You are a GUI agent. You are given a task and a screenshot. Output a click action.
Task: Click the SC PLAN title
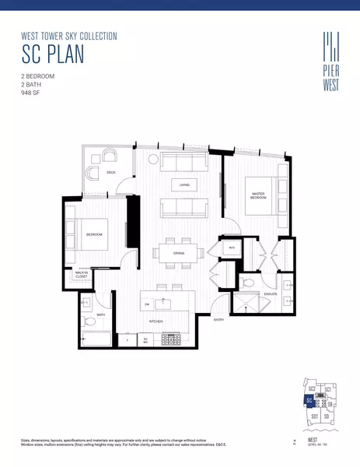(53, 54)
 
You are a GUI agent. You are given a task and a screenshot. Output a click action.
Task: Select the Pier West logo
(330, 53)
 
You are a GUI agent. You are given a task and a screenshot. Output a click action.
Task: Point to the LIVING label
(184, 185)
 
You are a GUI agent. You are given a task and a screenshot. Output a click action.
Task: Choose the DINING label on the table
(179, 254)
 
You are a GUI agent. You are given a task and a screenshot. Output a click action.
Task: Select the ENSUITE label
(271, 293)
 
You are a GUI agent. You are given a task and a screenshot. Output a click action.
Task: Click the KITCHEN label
(156, 321)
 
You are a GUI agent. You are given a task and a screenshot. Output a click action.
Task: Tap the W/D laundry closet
(232, 248)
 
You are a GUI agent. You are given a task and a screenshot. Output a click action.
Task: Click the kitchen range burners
(170, 339)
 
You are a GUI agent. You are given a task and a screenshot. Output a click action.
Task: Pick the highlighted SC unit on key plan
(309, 401)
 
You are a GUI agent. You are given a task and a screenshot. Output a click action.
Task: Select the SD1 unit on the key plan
(314, 416)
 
